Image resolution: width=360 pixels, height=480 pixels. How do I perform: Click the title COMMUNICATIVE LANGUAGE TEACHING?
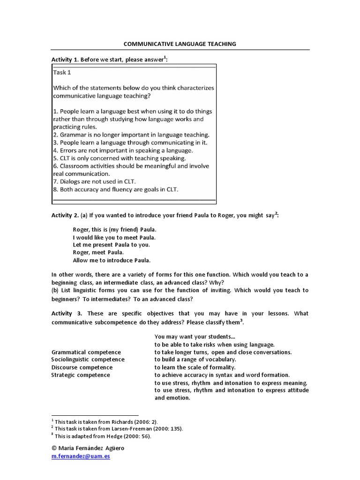pos(180,44)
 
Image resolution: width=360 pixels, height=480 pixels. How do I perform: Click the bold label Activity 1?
pos(65,60)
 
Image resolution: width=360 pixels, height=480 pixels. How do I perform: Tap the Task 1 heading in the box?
pos(62,73)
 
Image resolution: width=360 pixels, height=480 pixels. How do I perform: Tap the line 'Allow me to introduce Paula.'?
pos(112,260)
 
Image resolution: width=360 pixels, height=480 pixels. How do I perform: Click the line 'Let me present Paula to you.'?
pos(112,245)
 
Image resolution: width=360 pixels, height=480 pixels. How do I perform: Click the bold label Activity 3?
pos(66,314)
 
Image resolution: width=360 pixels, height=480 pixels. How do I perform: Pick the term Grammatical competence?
pos(86,352)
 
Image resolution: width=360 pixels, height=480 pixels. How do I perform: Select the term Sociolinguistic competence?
pos(88,360)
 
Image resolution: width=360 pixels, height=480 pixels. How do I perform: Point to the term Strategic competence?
pos(81,375)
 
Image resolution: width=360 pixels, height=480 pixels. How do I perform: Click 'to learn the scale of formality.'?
pos(195,367)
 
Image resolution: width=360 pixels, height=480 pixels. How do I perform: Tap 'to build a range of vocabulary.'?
pos(196,360)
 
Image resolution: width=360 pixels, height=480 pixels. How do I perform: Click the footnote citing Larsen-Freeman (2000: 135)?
pos(119,428)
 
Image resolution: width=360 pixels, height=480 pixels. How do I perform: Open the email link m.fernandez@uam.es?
pos(81,456)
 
